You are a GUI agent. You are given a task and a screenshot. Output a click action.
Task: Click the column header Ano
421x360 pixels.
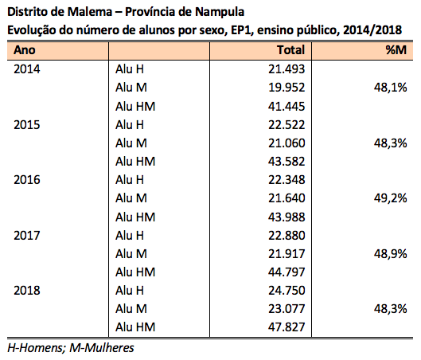(x=25, y=50)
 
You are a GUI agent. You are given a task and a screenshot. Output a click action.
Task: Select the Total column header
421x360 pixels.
(x=291, y=50)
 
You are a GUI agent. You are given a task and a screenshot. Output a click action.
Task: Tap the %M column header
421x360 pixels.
(x=396, y=50)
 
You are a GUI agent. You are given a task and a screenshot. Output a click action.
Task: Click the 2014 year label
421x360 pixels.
(x=27, y=69)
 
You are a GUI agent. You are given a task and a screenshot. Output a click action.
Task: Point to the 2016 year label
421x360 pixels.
(x=27, y=180)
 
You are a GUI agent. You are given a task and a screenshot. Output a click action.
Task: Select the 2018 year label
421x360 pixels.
(x=27, y=291)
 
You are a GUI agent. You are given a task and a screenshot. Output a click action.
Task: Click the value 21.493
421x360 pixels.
(x=287, y=69)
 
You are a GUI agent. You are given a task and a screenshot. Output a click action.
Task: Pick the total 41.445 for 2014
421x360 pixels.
(x=287, y=107)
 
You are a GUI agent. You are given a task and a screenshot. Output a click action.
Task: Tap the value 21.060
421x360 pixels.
(x=287, y=143)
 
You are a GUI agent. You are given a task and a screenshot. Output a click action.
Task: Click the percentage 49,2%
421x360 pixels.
(x=391, y=198)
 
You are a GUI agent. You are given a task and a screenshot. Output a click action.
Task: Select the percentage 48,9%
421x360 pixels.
(x=391, y=254)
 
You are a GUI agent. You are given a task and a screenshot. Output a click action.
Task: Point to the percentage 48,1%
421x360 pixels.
(x=391, y=88)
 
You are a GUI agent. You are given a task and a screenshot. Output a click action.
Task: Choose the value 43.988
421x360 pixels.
(x=287, y=217)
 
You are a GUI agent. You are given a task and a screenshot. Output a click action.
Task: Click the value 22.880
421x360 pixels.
(x=287, y=236)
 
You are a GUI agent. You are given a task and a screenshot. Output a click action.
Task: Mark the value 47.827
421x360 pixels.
(x=287, y=327)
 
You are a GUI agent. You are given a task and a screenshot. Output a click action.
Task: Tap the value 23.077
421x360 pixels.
(x=287, y=309)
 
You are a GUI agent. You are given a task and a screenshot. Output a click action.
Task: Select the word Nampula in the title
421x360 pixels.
(x=220, y=12)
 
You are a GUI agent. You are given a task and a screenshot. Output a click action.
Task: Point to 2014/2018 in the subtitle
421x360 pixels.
(x=372, y=30)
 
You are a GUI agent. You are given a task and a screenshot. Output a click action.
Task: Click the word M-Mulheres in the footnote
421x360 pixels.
(x=102, y=348)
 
